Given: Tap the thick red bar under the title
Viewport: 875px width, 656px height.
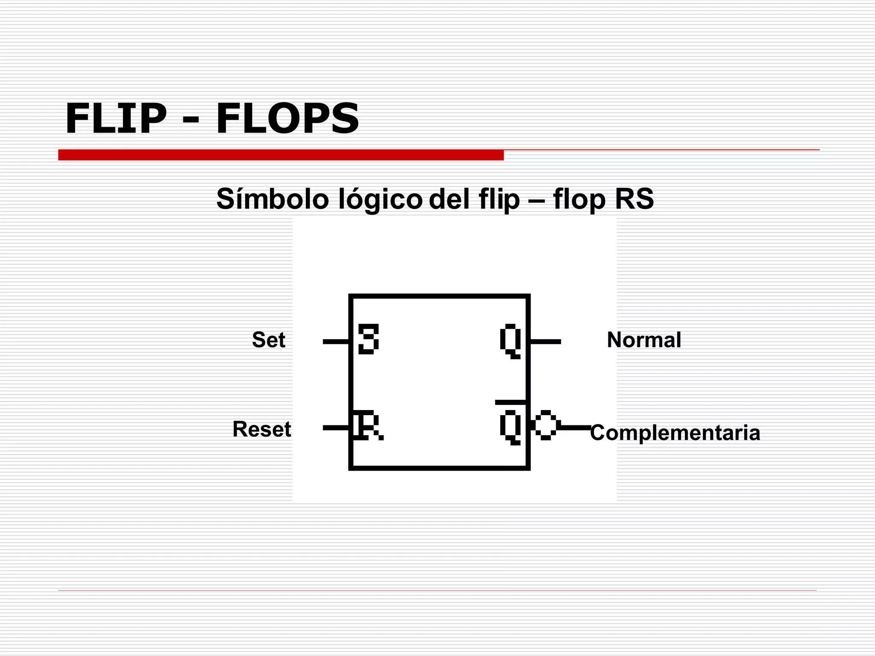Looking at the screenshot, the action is coord(281,155).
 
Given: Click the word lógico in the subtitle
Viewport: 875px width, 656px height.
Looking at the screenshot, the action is coord(380,200).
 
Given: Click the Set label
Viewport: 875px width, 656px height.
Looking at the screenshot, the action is coord(268,340).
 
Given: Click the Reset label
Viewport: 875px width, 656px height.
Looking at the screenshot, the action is coord(261,429).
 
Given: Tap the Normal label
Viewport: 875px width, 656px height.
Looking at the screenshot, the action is coord(644,340).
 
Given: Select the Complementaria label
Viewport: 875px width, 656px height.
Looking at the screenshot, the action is coord(675,433).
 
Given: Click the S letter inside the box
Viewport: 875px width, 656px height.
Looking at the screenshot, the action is coord(368,340).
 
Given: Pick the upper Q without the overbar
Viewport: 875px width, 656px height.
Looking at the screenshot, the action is coord(511,341).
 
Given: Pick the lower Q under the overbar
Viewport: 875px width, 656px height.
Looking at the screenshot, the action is coord(511,427).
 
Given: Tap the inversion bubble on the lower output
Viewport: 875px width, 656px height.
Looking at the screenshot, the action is coord(546,425).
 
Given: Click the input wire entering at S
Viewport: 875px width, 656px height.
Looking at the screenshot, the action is coord(336,341).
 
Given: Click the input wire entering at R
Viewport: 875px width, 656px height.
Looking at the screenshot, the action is coord(336,428).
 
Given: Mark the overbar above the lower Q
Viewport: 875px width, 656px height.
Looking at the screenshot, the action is coord(511,402).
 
